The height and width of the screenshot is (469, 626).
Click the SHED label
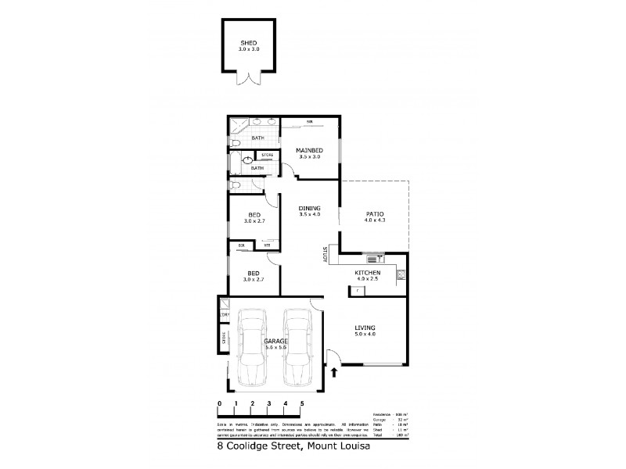point(248,44)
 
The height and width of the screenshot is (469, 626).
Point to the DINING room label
point(310,208)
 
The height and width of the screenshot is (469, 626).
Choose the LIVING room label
point(365,328)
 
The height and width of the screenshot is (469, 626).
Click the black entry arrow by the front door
point(336,374)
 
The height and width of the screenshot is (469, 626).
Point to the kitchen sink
point(373,257)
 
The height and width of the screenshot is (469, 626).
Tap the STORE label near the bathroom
point(267,155)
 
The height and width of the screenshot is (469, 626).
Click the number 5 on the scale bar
point(302,404)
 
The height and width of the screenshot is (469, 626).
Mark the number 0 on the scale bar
point(220,404)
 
